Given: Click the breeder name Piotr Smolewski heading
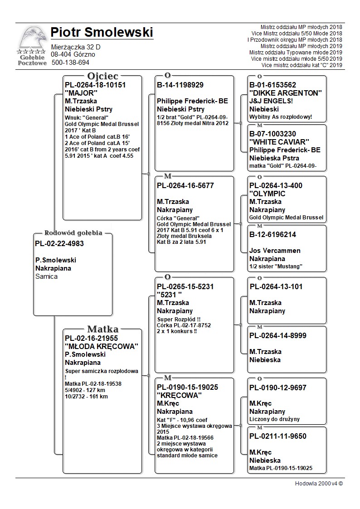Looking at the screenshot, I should (102, 33).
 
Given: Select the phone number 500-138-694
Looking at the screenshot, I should (70, 63).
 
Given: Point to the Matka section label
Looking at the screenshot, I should (102, 329).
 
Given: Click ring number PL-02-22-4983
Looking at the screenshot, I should (59, 243).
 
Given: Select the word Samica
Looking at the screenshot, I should (46, 276).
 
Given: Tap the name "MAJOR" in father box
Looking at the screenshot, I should (81, 93).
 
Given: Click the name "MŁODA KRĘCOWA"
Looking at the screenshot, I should (101, 346).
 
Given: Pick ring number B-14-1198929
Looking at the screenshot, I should (180, 85).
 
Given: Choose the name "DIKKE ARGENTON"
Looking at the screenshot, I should (285, 93).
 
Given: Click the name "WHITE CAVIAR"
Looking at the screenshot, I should (279, 142).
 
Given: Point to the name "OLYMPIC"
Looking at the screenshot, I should (268, 194).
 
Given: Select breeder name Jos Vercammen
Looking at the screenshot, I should (275, 250).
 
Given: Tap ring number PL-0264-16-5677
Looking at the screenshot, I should (185, 185).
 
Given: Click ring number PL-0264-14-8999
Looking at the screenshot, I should (278, 335).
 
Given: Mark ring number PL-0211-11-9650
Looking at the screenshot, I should (278, 436).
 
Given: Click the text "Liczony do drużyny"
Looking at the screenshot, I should (274, 419).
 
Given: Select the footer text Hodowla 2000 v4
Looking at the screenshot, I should (319, 483).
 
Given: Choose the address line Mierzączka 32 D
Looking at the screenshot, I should (76, 47).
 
